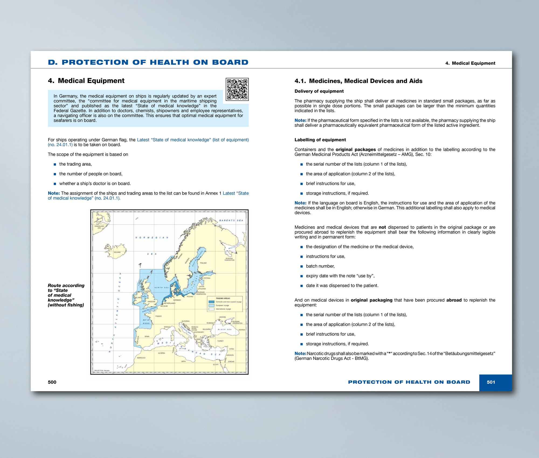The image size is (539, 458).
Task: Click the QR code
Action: pyautogui.click(x=237, y=89)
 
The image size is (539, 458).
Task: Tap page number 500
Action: pyautogui.click(x=52, y=382)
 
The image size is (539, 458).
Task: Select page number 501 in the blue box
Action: pyautogui.click(x=491, y=382)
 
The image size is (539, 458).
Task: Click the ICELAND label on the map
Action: pyautogui.click(x=117, y=252)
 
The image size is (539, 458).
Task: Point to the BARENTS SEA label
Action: pyautogui.click(x=231, y=220)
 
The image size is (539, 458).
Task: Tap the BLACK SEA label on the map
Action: pyautogui.click(x=224, y=329)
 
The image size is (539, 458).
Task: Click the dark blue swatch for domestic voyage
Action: pyautogui.click(x=212, y=302)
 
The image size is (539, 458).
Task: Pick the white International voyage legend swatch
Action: pyautogui.click(x=212, y=309)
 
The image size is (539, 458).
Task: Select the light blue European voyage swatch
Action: pyautogui.click(x=212, y=306)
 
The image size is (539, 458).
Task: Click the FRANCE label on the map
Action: pyautogui.click(x=158, y=316)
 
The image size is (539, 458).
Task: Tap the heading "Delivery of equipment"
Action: pyautogui.click(x=319, y=91)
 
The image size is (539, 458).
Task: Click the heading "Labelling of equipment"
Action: pyautogui.click(x=320, y=140)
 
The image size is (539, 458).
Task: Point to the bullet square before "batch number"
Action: pyautogui.click(x=302, y=266)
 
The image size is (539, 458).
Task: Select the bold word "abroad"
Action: pyautogui.click(x=454, y=300)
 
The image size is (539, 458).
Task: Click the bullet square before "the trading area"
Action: pyautogui.click(x=55, y=164)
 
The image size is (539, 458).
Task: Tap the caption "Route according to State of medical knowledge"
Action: pyautogui.click(x=66, y=295)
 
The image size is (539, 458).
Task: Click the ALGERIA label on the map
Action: pyautogui.click(x=161, y=353)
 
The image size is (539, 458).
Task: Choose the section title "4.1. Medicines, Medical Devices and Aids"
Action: pyautogui.click(x=358, y=81)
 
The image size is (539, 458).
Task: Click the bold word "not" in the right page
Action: pyautogui.click(x=382, y=227)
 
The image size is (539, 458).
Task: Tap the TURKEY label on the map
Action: pyautogui.click(x=220, y=341)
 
